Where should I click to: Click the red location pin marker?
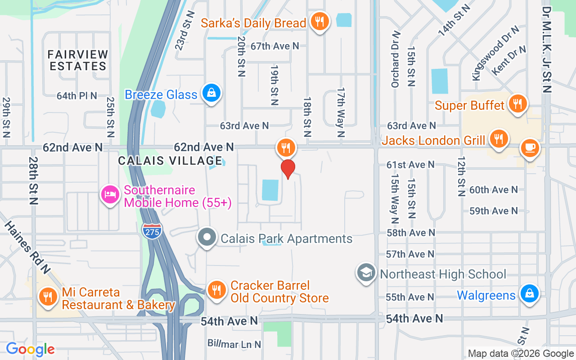pyautogui.click(x=288, y=169)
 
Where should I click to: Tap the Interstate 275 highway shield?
pyautogui.click(x=153, y=231)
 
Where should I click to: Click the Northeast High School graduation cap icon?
pyautogui.click(x=366, y=273)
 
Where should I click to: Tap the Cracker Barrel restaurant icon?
pyautogui.click(x=216, y=289)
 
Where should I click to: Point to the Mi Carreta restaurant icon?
pyautogui.click(x=47, y=296)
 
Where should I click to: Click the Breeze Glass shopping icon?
pyautogui.click(x=210, y=93)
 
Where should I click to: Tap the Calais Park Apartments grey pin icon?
pyautogui.click(x=207, y=237)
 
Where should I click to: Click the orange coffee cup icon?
pyautogui.click(x=530, y=148)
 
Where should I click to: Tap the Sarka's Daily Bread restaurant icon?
pyautogui.click(x=320, y=21)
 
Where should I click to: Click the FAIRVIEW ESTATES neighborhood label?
pyautogui.click(x=78, y=60)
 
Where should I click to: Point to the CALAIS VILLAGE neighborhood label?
pyautogui.click(x=170, y=161)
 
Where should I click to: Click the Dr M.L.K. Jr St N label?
pyautogui.click(x=547, y=49)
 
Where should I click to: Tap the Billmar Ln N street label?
pyautogui.click(x=234, y=344)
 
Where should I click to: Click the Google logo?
pyautogui.click(x=30, y=349)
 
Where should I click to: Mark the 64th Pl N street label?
pyautogui.click(x=76, y=96)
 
